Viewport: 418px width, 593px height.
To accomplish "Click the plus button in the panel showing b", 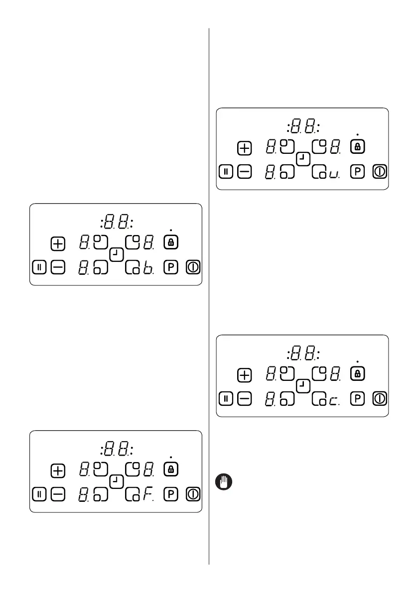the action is (58, 243).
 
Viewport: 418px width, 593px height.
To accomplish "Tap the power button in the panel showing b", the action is (194, 267).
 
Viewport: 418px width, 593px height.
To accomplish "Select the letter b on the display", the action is (147, 268).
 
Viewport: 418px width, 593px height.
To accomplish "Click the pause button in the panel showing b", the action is (40, 267).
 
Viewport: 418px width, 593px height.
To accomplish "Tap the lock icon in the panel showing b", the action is (171, 243).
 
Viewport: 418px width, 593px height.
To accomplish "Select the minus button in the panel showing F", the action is (58, 494).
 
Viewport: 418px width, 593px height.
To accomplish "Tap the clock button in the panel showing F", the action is (116, 481).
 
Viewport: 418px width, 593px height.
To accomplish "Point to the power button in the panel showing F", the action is (194, 494).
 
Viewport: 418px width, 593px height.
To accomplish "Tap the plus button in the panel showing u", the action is (244, 148).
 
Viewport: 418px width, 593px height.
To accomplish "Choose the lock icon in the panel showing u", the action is (357, 147).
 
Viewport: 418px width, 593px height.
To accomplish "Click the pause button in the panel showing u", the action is (226, 172).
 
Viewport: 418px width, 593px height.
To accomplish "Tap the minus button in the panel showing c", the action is (244, 399).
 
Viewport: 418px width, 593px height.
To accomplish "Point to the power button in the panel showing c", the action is (380, 399).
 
